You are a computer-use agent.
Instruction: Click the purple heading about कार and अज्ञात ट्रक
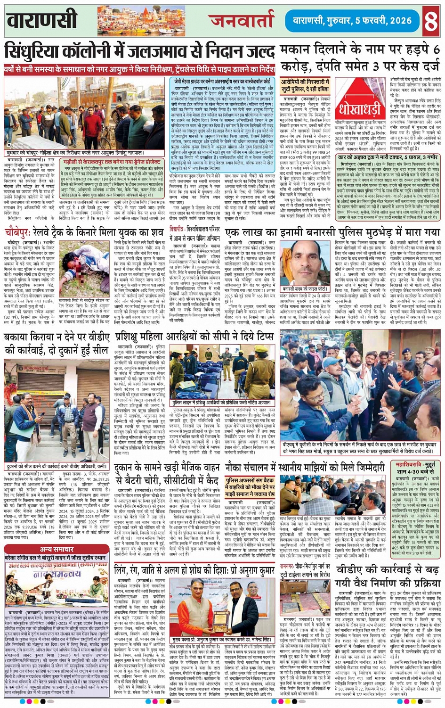[x=388, y=157]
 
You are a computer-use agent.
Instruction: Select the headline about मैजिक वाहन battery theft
[x=167, y=474]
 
